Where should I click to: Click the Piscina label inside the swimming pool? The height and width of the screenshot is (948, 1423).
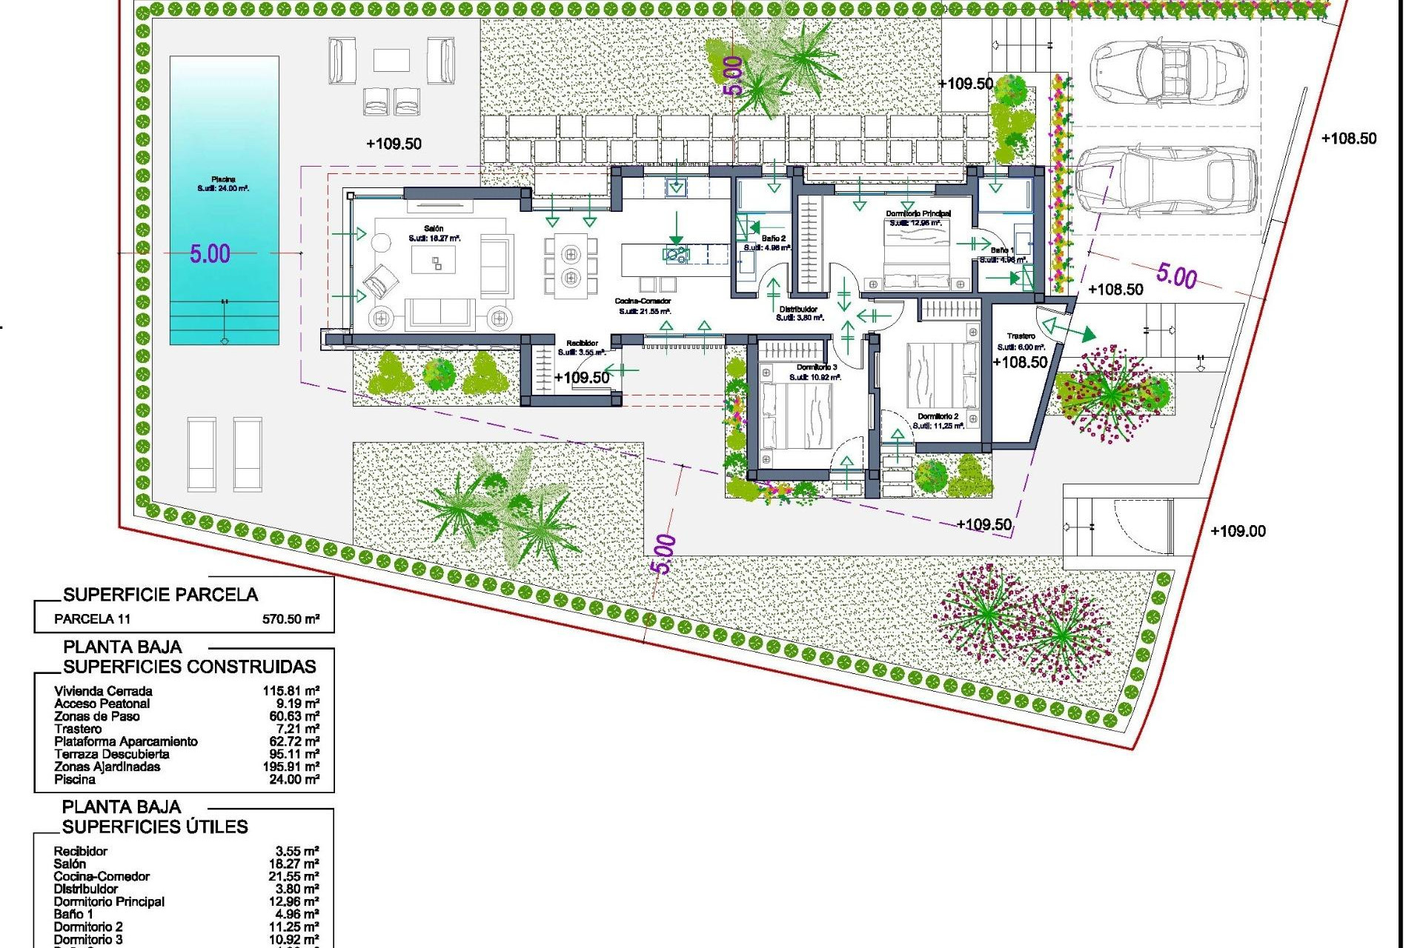click(223, 179)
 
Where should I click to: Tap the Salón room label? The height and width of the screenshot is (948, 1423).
click(434, 229)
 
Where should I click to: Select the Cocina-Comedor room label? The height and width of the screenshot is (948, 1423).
click(643, 301)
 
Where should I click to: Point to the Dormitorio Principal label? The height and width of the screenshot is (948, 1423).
click(918, 214)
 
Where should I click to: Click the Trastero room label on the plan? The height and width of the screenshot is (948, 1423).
click(1021, 336)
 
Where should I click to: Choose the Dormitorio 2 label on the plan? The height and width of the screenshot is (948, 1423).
click(938, 417)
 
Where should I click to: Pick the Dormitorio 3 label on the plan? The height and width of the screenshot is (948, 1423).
click(816, 368)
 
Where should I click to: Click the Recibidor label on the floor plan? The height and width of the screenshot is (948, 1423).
click(582, 344)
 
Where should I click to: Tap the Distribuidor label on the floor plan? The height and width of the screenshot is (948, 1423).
click(798, 310)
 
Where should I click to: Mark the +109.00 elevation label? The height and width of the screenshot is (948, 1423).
click(1238, 531)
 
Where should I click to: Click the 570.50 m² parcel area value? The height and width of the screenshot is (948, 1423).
click(291, 619)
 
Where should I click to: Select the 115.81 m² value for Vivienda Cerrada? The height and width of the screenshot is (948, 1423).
click(291, 691)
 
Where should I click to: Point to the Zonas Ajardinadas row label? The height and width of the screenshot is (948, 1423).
click(107, 767)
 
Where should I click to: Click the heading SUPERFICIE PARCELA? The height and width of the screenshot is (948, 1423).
click(160, 595)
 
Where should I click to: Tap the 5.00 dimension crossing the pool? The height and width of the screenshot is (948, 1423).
click(210, 254)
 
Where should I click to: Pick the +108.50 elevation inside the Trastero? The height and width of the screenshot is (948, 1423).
click(1020, 362)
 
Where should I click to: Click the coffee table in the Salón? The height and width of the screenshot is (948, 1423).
click(434, 261)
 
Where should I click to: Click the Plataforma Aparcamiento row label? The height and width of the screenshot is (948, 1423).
click(126, 741)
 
